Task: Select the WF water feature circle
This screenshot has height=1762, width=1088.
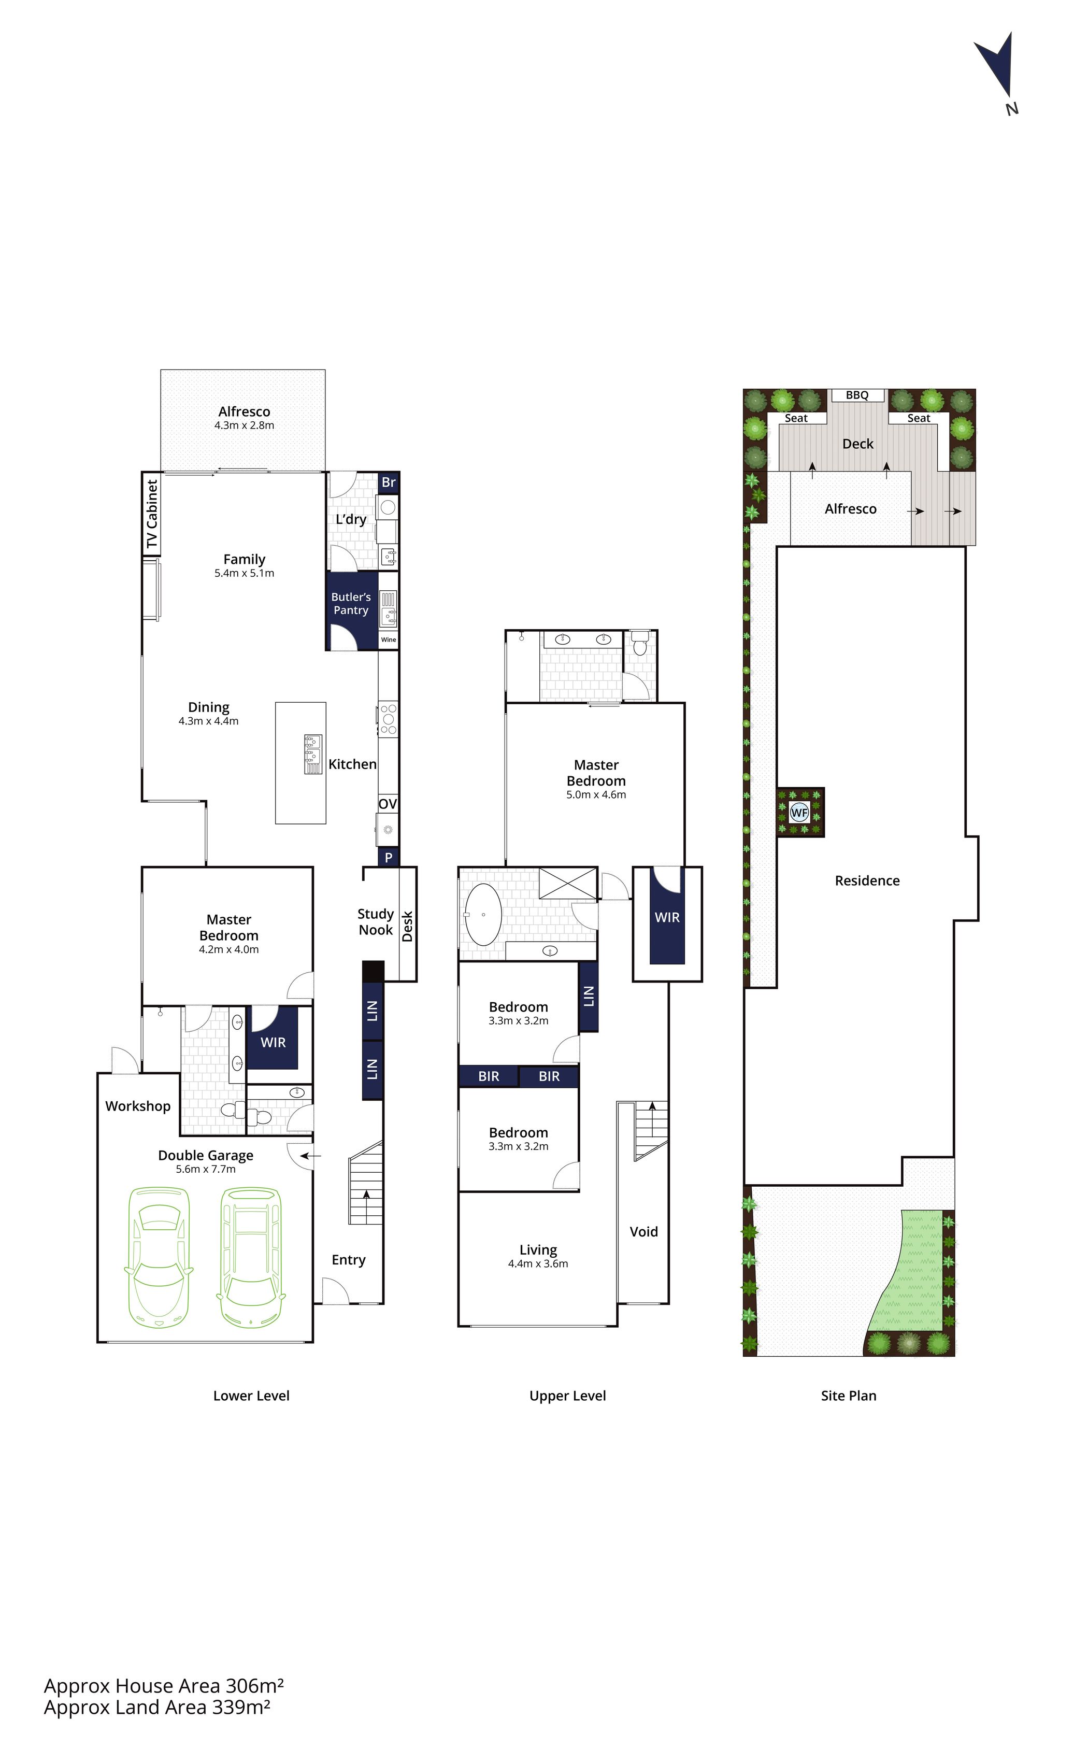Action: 799,813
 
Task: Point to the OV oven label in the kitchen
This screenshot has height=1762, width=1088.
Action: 388,803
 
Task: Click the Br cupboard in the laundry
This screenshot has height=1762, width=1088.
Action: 389,482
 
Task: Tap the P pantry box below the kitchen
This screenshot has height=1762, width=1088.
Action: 389,857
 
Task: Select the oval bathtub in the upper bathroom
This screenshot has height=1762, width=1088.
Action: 483,914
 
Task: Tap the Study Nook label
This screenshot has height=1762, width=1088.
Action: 376,922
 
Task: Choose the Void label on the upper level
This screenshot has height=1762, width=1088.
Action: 644,1231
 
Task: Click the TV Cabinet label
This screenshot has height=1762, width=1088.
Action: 152,514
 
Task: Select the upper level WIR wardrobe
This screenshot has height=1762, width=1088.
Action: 667,917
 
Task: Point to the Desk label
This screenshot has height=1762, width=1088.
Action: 407,927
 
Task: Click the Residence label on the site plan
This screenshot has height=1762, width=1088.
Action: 867,880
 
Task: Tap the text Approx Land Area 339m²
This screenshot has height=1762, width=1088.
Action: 157,1707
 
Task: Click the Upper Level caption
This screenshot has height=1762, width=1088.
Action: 568,1396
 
